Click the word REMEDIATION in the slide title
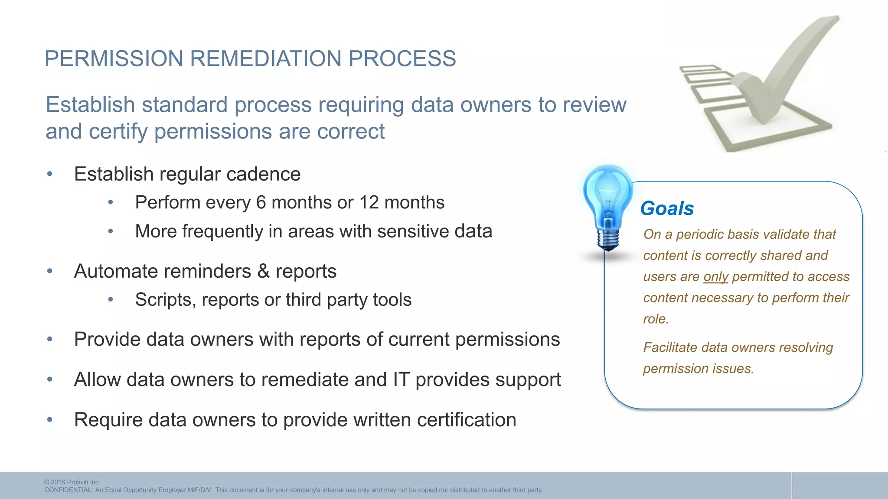click(266, 58)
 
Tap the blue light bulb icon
click(608, 204)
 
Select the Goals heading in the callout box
click(667, 208)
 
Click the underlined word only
click(715, 277)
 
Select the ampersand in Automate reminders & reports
click(263, 272)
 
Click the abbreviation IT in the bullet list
click(401, 380)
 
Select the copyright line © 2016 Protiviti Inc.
click(72, 482)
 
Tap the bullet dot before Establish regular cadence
click(50, 174)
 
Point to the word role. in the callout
click(656, 319)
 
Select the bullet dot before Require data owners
click(50, 420)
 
